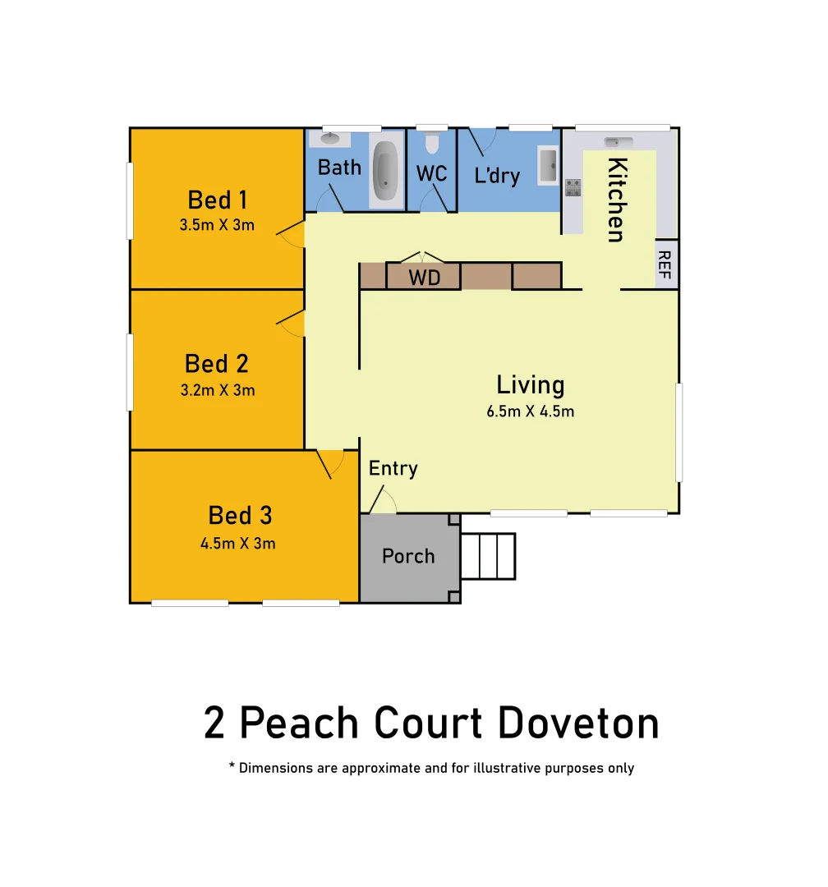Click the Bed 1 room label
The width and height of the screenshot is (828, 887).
point(217,200)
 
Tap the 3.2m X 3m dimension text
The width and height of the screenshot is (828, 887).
point(218,390)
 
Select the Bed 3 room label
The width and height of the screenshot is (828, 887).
point(239,516)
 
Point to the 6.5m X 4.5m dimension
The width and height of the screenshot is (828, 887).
point(530,411)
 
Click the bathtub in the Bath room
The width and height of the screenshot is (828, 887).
point(386,173)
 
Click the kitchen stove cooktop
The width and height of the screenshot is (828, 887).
point(573,188)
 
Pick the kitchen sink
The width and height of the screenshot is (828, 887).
point(618,142)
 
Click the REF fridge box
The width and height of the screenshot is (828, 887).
point(665,264)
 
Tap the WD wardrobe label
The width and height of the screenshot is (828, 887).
point(424,278)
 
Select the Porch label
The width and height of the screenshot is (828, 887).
point(408,556)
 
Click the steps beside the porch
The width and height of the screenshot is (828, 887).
point(487,556)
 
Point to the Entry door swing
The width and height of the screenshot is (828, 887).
point(383,500)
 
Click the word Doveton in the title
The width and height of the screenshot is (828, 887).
point(578,724)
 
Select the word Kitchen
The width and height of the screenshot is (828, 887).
point(616,200)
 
